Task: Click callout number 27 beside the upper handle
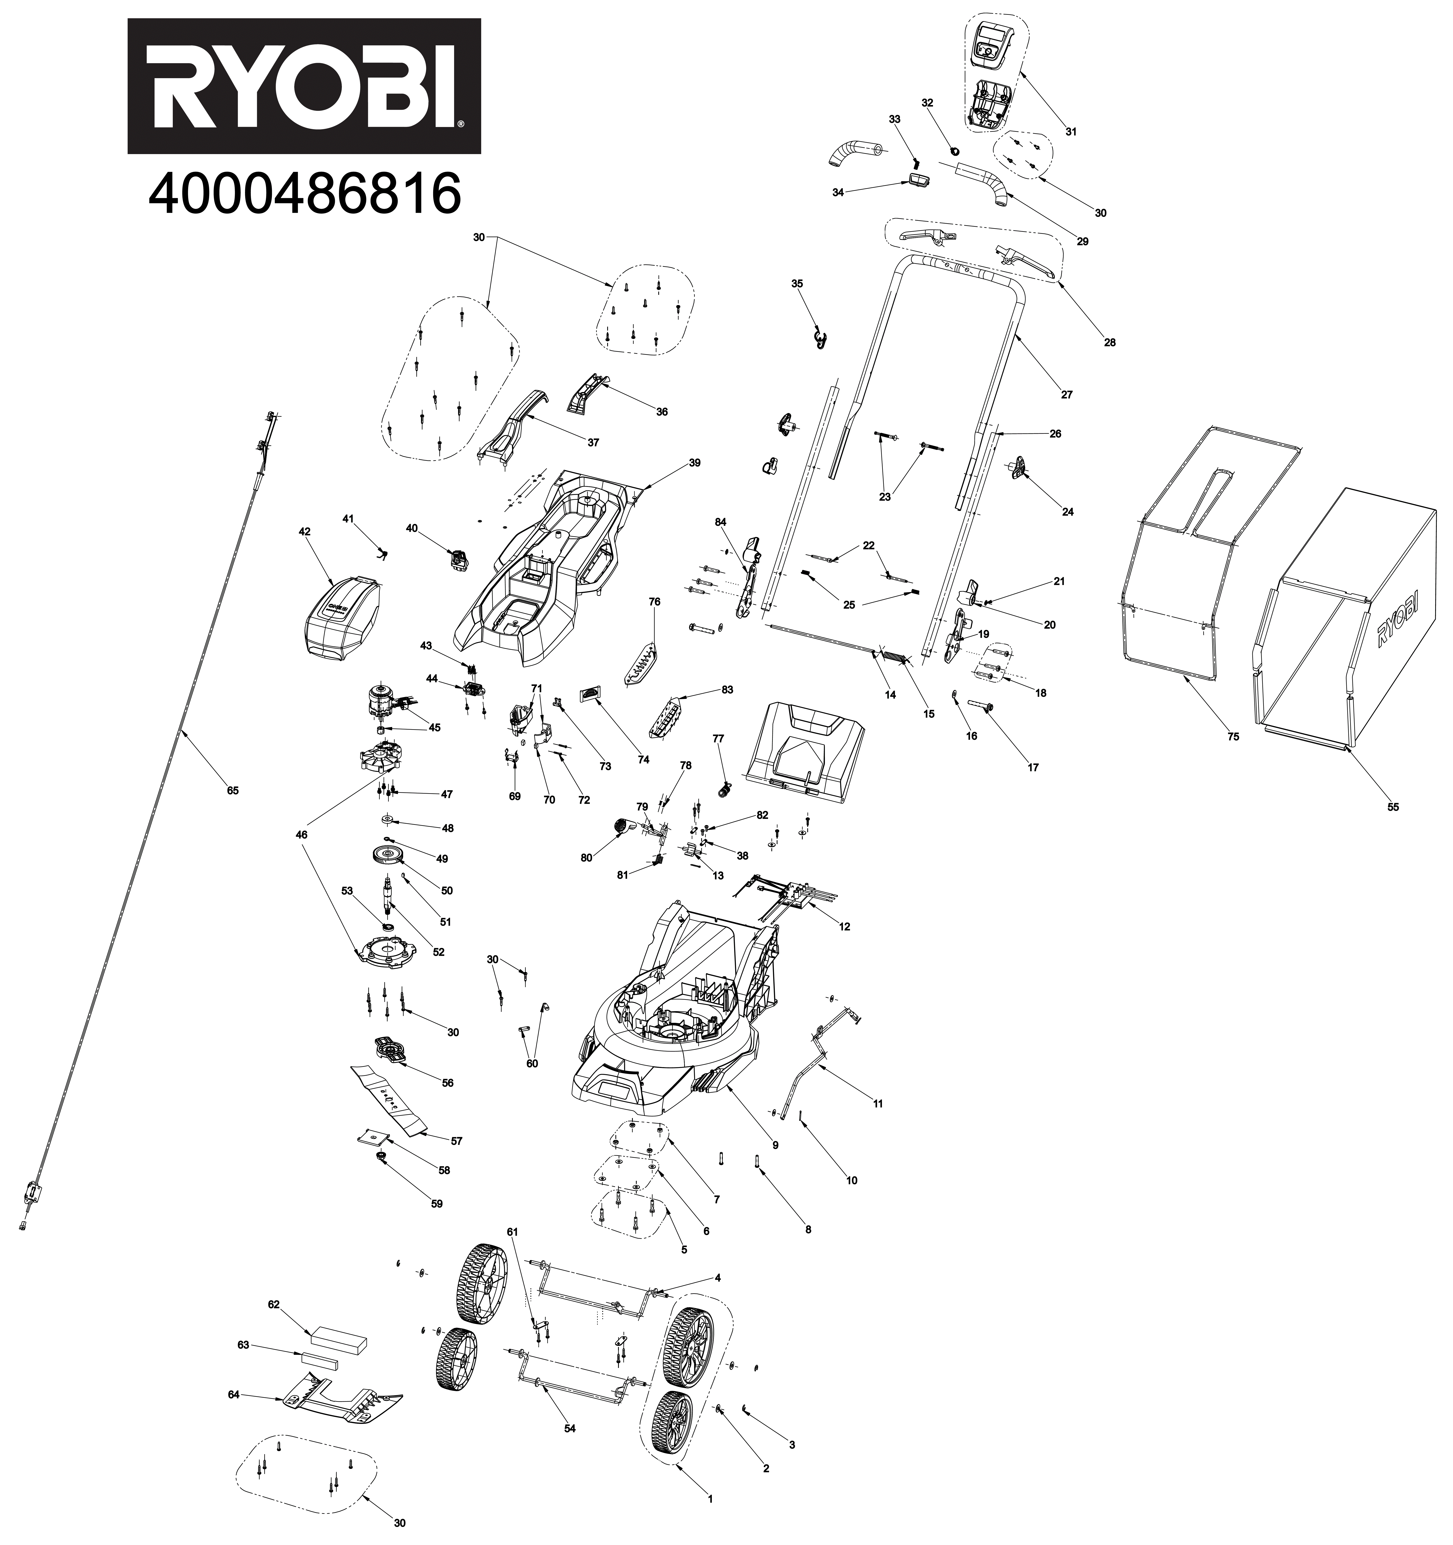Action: (x=1067, y=395)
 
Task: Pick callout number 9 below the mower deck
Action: (x=775, y=1145)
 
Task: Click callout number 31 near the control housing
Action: (x=1071, y=132)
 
